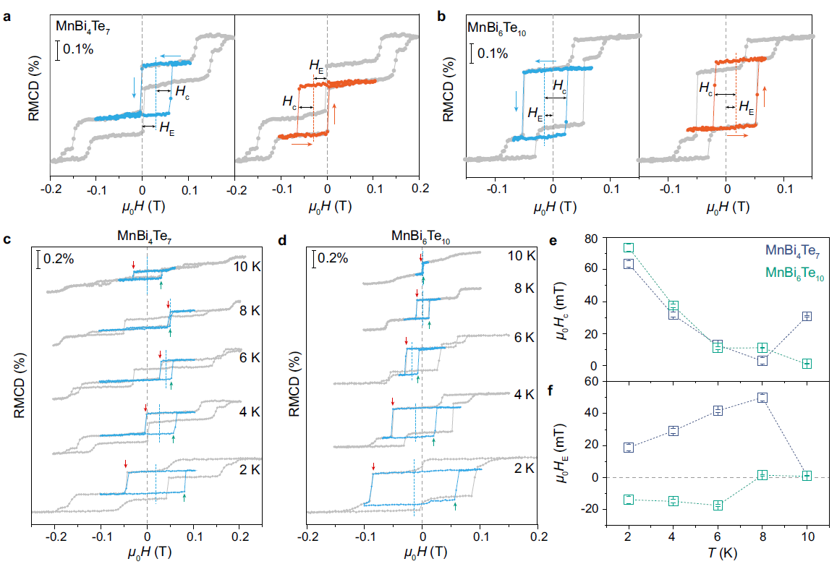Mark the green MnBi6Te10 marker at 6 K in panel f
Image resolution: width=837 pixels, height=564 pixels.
click(718, 505)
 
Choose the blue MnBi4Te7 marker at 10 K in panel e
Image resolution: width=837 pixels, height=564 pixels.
click(807, 316)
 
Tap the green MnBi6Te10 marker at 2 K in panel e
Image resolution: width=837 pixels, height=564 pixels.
click(629, 248)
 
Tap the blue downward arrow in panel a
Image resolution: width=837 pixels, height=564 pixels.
click(133, 86)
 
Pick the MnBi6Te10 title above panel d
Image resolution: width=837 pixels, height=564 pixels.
click(421, 236)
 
